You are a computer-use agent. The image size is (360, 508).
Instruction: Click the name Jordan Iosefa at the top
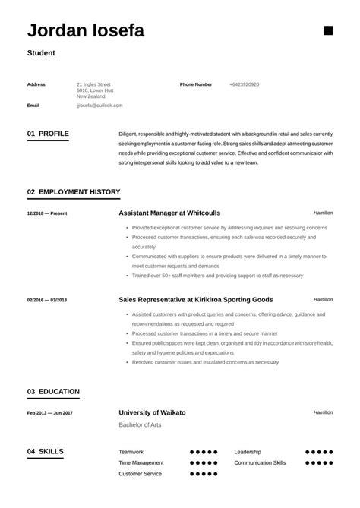(86, 31)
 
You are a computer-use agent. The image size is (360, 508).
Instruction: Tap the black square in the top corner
(328, 30)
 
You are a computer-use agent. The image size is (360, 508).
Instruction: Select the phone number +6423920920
(244, 84)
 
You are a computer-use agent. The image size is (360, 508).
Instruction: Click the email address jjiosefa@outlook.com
(99, 106)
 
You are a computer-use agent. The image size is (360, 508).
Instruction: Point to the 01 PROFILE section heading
(48, 134)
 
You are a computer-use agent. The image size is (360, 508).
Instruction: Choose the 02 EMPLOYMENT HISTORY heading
(74, 192)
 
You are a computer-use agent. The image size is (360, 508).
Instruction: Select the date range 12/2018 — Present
(47, 213)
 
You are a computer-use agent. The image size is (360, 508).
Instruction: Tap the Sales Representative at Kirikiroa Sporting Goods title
(196, 299)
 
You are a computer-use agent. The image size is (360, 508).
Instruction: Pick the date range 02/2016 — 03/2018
(48, 300)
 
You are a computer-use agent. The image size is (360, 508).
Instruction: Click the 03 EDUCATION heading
(53, 392)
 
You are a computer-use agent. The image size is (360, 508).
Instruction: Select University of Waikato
(152, 412)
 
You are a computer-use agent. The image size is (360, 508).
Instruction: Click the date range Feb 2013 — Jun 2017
(50, 413)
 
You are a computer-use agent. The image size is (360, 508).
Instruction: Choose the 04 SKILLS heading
(46, 451)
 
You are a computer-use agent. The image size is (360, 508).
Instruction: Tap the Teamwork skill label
(131, 451)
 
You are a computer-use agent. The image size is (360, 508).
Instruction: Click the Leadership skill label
(248, 451)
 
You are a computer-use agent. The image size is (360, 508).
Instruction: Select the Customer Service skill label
(140, 474)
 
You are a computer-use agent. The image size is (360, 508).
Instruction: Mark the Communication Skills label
(260, 462)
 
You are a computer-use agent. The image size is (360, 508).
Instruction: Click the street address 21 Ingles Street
(93, 84)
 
